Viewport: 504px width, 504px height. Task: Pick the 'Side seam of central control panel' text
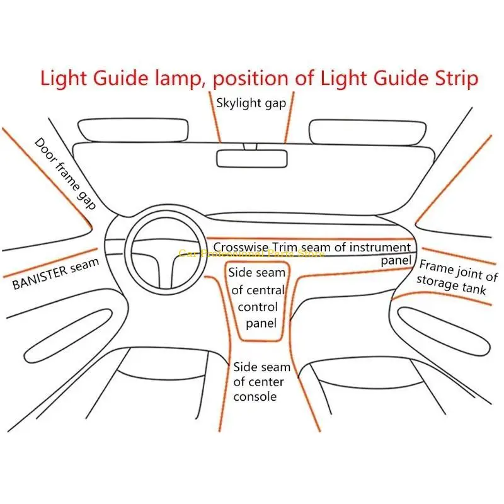pos(256,298)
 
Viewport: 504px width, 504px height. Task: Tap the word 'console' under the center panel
pos(255,396)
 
